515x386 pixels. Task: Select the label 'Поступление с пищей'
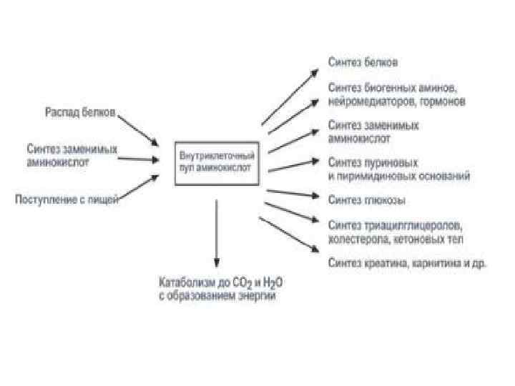[x=67, y=198]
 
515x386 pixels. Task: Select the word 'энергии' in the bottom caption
[x=256, y=295]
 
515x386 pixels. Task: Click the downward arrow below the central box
[x=216, y=232]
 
